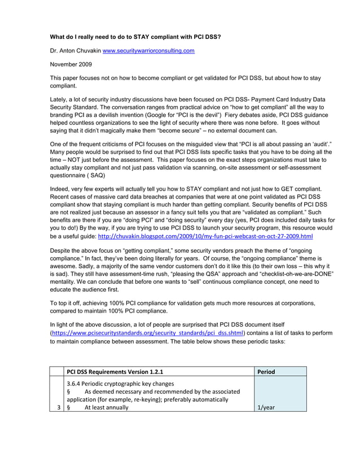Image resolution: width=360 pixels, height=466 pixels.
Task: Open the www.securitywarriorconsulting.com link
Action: [148, 51]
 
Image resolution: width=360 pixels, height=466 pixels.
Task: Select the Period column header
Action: [266, 372]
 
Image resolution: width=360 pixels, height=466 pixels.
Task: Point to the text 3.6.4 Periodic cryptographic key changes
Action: [119, 383]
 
